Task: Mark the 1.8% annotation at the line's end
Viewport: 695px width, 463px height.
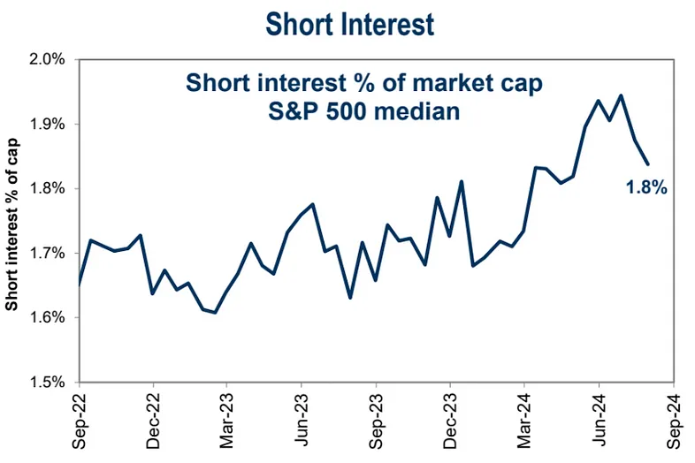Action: pos(645,187)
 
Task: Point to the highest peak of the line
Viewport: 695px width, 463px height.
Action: pos(622,95)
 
